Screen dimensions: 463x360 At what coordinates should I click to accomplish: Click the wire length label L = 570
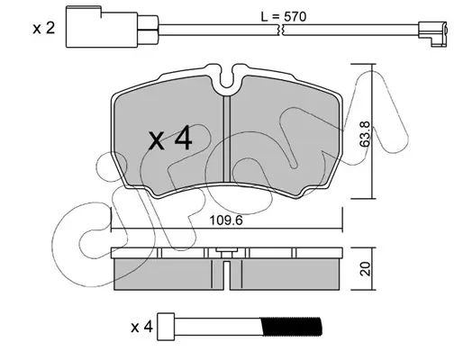(x=283, y=17)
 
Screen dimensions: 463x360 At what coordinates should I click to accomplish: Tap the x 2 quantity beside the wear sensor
(x=44, y=29)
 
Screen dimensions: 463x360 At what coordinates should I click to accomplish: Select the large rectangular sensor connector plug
(x=102, y=27)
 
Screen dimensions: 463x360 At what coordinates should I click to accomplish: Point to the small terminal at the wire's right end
(x=432, y=33)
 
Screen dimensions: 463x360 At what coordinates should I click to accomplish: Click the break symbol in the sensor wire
(x=281, y=30)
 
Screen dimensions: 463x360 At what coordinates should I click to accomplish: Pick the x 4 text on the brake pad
(x=170, y=139)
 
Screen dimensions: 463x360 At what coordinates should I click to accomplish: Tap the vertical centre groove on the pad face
(x=227, y=139)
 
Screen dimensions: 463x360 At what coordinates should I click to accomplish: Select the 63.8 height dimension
(x=366, y=134)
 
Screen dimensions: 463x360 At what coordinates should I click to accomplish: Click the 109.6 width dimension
(x=226, y=220)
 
